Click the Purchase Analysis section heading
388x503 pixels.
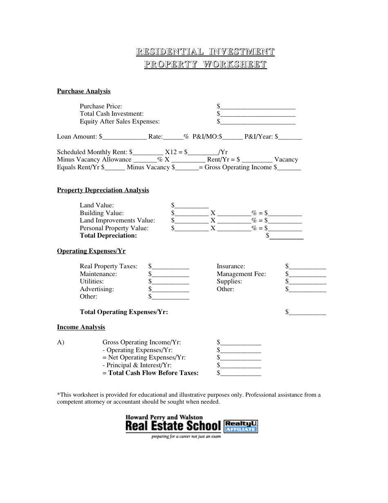pos(84,91)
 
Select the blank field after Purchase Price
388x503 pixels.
pos(258,106)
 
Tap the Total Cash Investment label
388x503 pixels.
pos(111,114)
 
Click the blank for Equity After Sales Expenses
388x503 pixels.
pos(258,121)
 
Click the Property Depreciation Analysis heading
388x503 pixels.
pos(103,190)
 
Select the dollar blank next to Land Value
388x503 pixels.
pos(192,205)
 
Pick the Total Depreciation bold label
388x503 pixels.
pos(108,236)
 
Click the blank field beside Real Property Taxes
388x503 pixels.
pos(171,266)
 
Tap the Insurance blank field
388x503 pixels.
pos(308,266)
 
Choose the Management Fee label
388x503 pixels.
pos(241,274)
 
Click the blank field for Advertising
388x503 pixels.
pos(171,289)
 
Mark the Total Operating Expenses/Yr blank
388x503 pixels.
pos(308,312)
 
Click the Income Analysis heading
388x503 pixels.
pos(81,327)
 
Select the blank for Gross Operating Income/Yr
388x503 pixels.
pos(241,342)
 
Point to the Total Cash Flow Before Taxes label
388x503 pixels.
pos(150,373)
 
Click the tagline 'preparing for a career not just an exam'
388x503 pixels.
pos(186,437)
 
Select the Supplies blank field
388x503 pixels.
pos(308,281)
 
